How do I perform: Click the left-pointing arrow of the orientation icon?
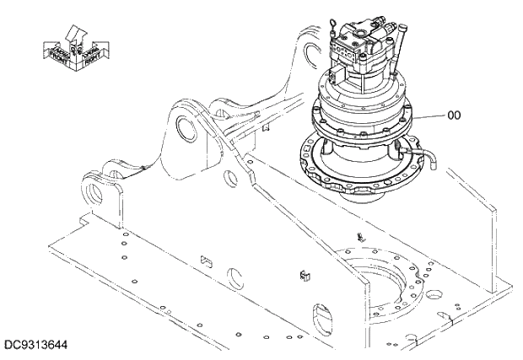(53, 51)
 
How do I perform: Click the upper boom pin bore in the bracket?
(186, 127)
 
